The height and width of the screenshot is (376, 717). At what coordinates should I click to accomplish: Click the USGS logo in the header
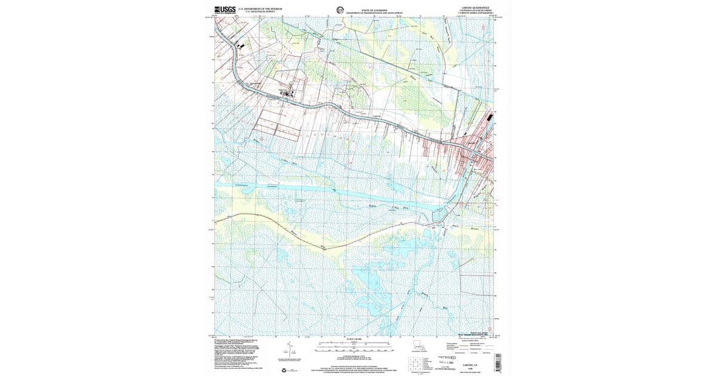coord(225,10)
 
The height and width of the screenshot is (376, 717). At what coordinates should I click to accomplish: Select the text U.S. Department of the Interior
coord(261,9)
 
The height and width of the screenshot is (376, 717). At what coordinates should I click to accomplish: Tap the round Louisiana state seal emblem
coord(340,10)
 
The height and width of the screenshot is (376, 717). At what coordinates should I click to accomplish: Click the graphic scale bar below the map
coord(354,345)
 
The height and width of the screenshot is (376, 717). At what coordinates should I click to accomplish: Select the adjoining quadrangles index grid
coord(417,362)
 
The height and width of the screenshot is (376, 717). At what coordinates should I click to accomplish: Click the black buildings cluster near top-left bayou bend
coord(241,44)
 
